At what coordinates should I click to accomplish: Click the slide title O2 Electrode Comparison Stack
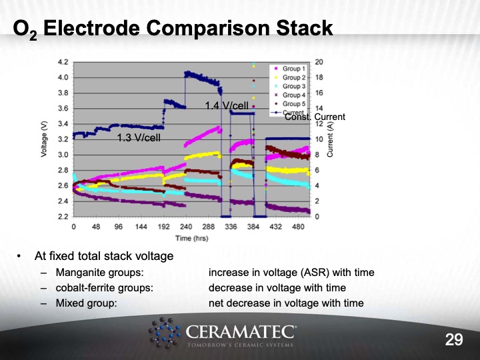(173, 29)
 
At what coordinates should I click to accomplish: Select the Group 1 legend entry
(293, 69)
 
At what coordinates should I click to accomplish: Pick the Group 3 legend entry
(293, 86)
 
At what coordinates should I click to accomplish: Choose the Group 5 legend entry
(293, 103)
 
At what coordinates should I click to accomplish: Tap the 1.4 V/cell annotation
(227, 105)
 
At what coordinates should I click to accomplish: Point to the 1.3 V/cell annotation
(139, 138)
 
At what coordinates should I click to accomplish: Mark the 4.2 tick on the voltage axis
(63, 62)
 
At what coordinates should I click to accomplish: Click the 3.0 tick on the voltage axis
(63, 155)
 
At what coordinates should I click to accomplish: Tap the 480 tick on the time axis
(298, 227)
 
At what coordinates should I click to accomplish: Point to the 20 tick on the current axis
(319, 62)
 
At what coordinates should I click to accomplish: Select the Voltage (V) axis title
(45, 139)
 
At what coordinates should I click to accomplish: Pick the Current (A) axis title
(330, 139)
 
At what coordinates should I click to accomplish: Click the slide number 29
(454, 340)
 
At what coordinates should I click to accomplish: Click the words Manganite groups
(99, 273)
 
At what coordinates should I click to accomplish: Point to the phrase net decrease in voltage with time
(286, 303)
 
